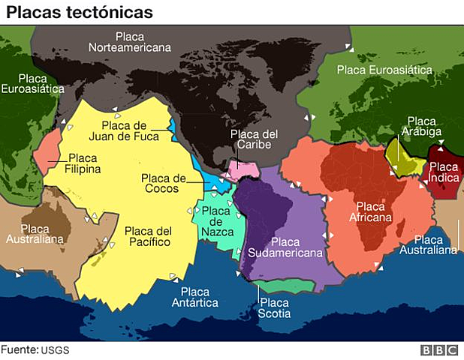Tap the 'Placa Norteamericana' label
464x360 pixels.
click(x=130, y=41)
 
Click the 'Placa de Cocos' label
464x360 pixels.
click(x=163, y=183)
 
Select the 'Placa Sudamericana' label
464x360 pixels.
click(x=285, y=247)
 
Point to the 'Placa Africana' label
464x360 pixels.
click(x=374, y=211)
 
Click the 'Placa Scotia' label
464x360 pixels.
click(x=273, y=307)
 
